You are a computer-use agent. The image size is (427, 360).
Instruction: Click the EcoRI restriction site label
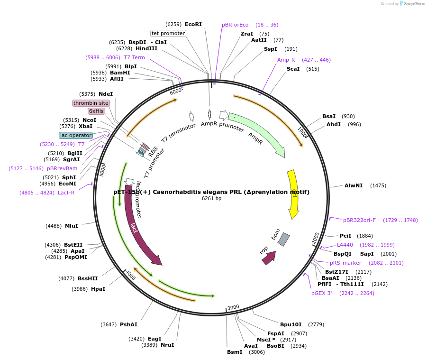(x=193, y=24)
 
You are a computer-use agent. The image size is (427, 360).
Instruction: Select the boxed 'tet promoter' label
(x=168, y=33)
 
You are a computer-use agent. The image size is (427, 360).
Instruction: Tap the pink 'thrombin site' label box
(x=91, y=103)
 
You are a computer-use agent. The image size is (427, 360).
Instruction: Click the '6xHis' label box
(x=96, y=111)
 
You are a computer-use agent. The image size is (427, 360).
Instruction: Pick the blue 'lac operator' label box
(x=76, y=135)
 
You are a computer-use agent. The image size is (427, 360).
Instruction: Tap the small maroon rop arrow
(x=269, y=258)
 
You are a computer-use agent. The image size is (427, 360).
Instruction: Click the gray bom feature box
(x=283, y=240)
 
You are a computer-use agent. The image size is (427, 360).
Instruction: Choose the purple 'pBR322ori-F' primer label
(x=359, y=220)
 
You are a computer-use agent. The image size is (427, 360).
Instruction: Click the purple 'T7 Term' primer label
(x=134, y=57)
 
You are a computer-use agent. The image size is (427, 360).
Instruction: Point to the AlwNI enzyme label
(x=354, y=185)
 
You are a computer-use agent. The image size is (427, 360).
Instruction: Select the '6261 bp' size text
(x=211, y=199)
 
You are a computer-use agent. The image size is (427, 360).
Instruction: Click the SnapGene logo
(x=412, y=4)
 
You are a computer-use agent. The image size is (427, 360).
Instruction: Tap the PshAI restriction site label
(x=128, y=324)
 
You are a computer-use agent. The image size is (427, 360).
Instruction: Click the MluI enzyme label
(x=72, y=226)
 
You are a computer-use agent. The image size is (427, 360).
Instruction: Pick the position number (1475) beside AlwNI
(x=378, y=185)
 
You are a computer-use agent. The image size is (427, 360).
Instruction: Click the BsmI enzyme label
(x=235, y=352)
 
